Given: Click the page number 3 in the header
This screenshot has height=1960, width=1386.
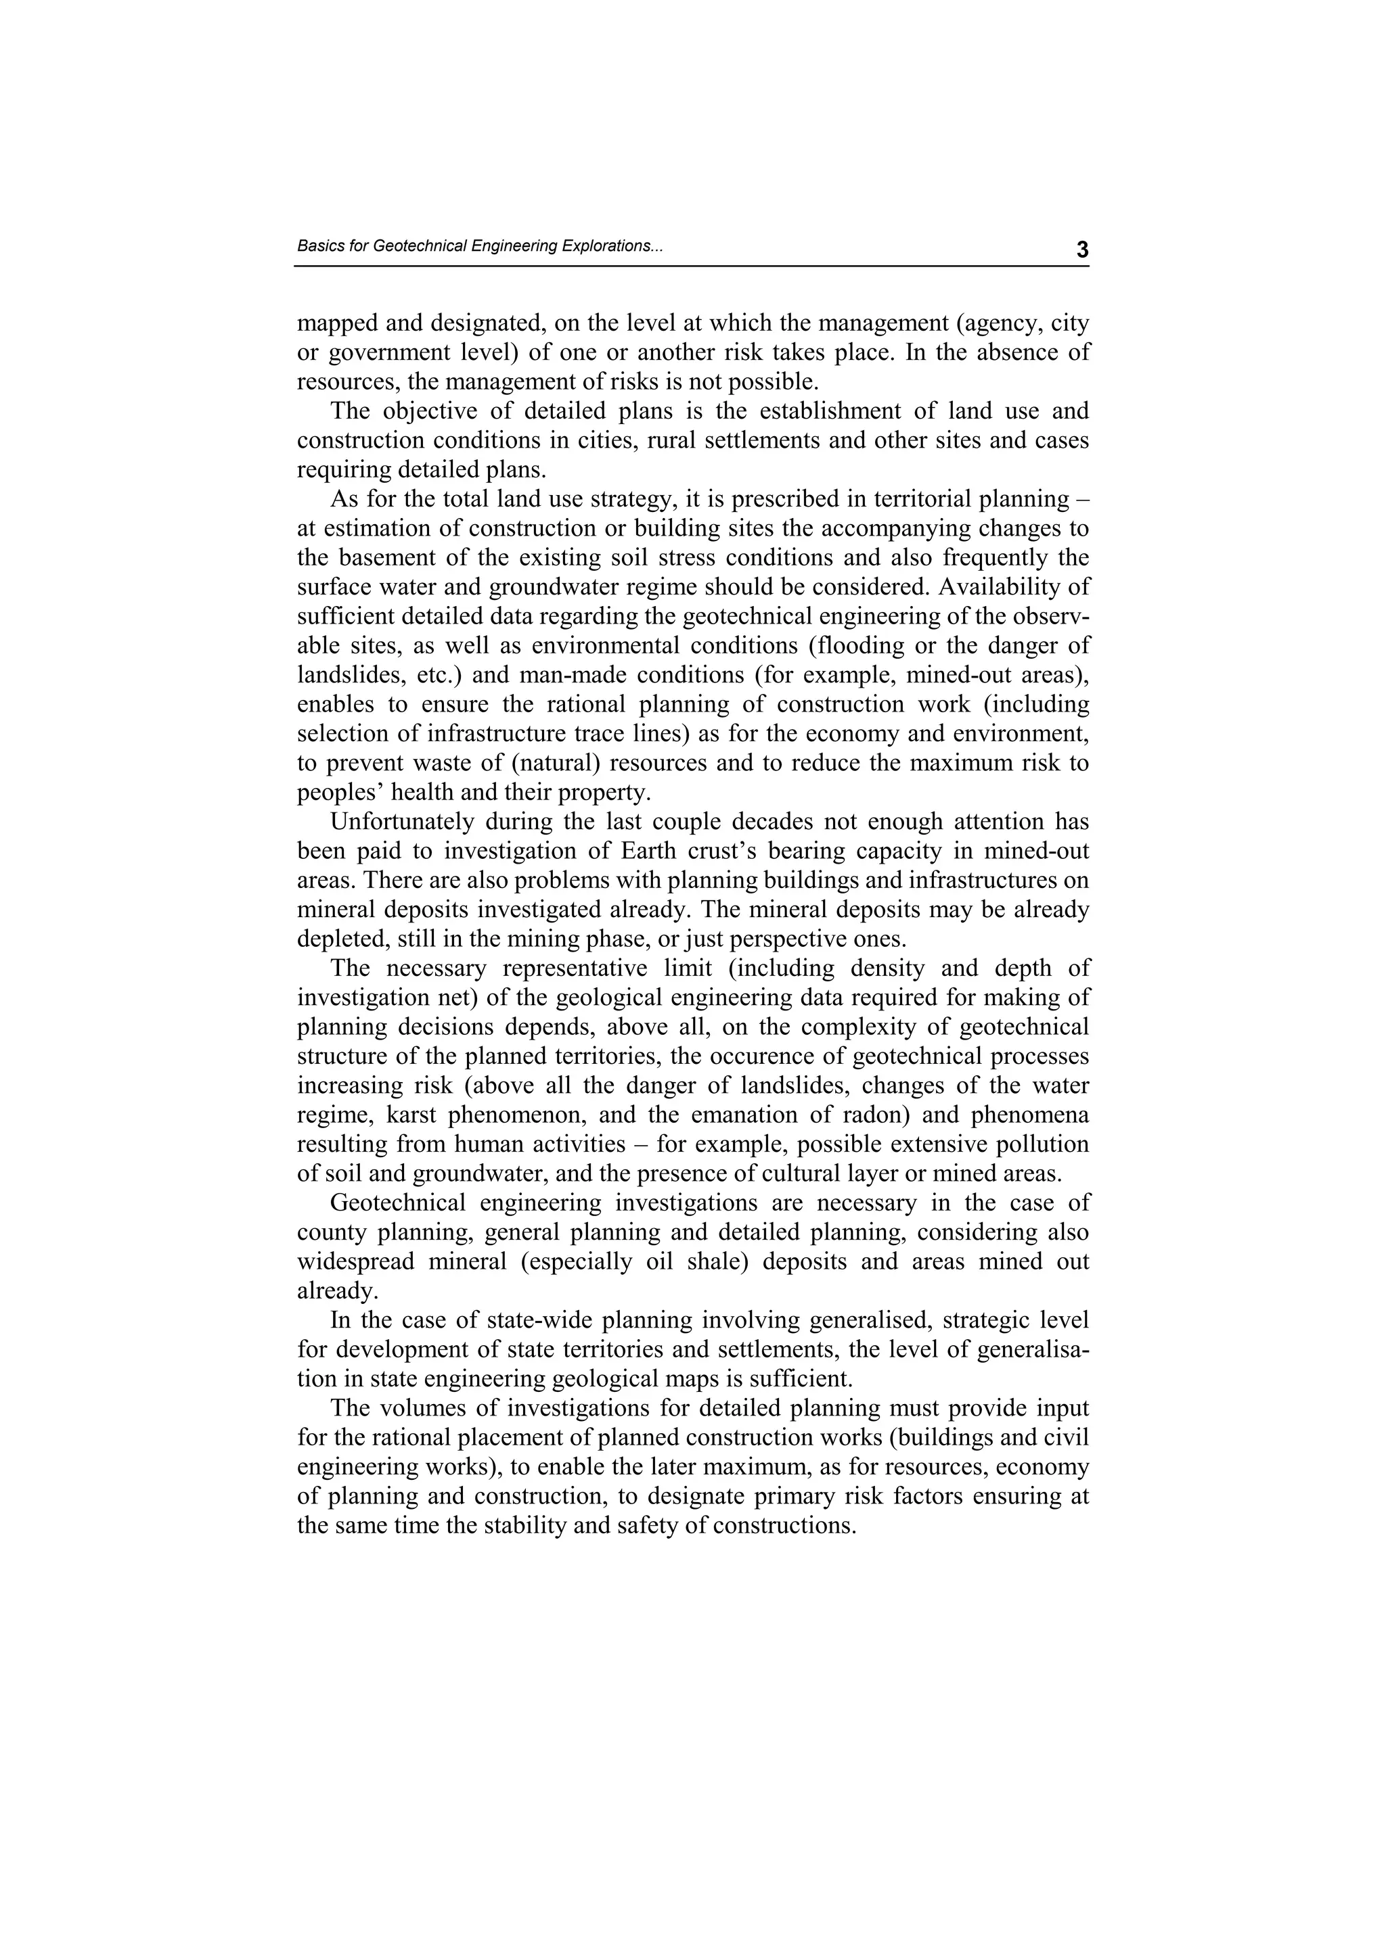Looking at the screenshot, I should [1082, 250].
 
